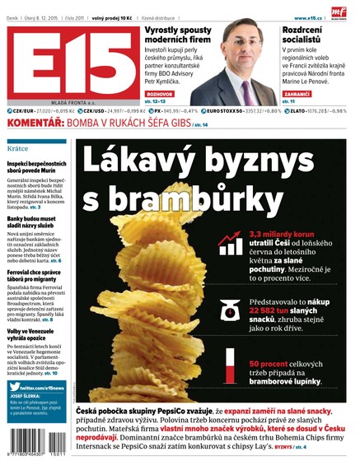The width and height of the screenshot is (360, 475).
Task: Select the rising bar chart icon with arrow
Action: tap(229, 242)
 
